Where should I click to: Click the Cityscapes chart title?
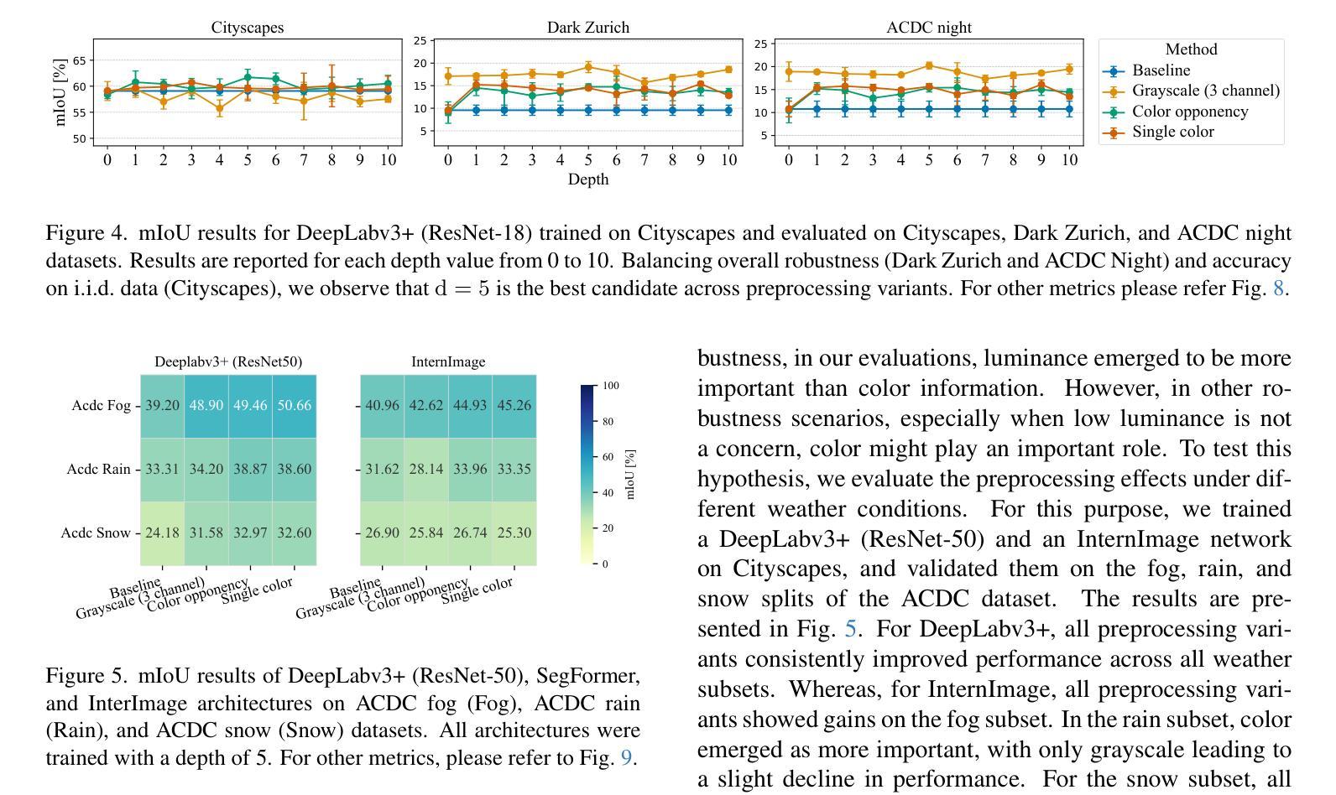(x=248, y=28)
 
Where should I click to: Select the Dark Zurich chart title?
(x=587, y=28)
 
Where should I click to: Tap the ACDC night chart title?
(x=929, y=28)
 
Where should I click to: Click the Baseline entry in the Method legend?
(x=1161, y=70)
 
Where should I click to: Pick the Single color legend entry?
(x=1172, y=132)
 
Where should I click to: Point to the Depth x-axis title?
(x=587, y=179)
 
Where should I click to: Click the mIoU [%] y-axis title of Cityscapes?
(x=60, y=92)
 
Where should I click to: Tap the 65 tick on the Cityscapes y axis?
(x=79, y=60)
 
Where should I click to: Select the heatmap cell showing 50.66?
(x=295, y=405)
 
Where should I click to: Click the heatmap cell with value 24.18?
(x=162, y=533)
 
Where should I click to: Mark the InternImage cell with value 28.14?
(x=425, y=469)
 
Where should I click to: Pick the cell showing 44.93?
(x=470, y=405)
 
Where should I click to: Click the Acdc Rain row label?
(x=99, y=469)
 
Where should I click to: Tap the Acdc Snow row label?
(x=96, y=533)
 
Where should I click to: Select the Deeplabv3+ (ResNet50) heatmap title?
(x=228, y=362)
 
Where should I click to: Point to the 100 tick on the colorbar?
(x=610, y=386)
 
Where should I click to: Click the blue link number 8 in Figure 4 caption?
(x=1279, y=288)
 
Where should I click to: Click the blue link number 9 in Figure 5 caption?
(x=626, y=758)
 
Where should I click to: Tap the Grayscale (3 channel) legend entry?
(x=1205, y=91)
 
